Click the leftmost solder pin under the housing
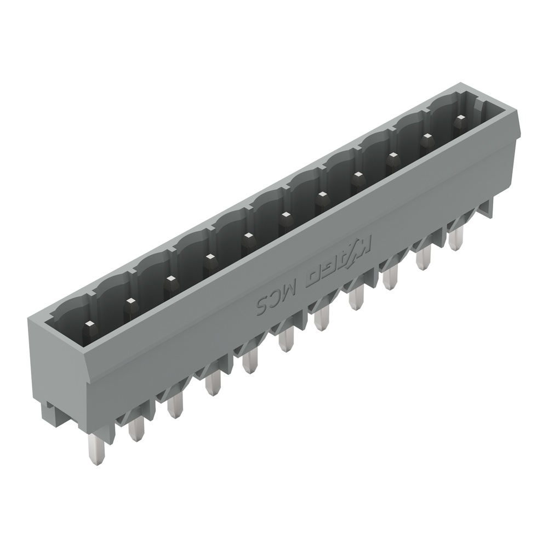(x=91, y=449)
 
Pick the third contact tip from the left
(x=170, y=279)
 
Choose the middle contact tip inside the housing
(x=284, y=216)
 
